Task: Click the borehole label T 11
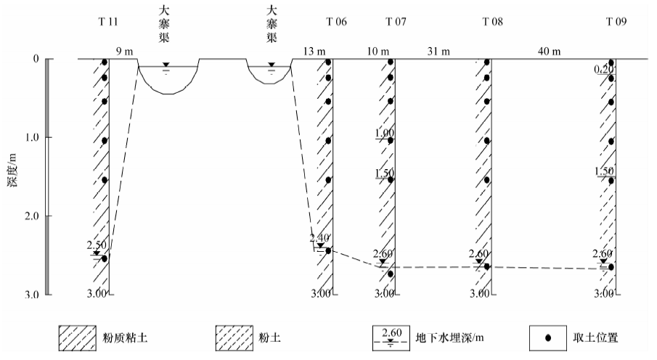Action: [107, 21]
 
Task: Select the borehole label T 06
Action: [336, 21]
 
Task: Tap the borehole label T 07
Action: [396, 21]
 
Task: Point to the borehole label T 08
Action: [493, 21]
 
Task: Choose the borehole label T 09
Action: [616, 21]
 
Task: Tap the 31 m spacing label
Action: [435, 52]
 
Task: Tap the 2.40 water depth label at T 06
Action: [319, 237]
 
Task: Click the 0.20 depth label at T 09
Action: [604, 70]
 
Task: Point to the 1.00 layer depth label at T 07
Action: [384, 134]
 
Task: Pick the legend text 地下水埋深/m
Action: [449, 337]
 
